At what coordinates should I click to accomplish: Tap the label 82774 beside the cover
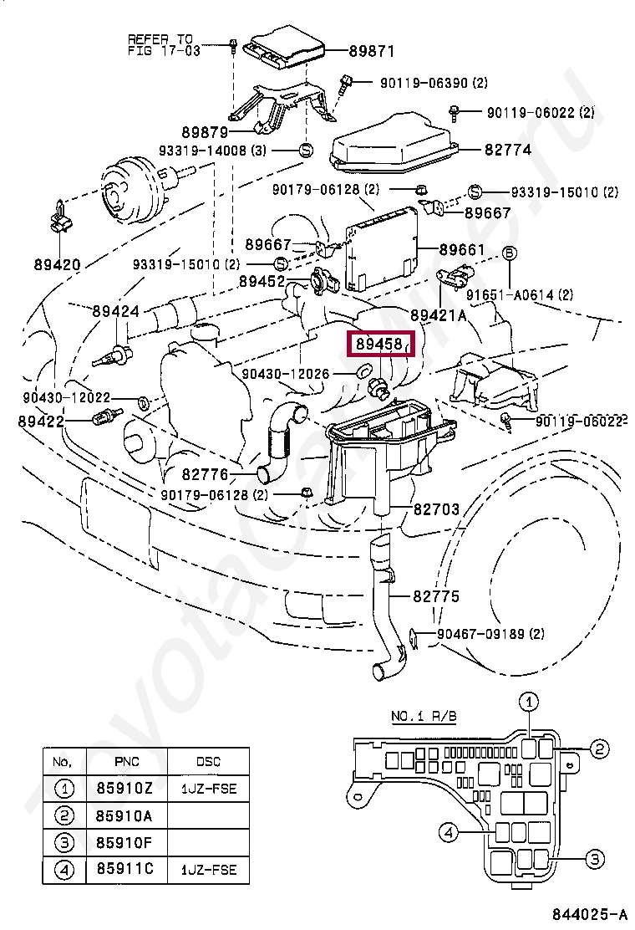[506, 150]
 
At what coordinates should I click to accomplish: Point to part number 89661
[462, 249]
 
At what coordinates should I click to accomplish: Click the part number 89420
[58, 265]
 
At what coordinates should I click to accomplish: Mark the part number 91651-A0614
[520, 294]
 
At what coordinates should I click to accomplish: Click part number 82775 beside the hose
[435, 597]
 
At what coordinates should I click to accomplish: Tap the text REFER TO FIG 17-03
[160, 44]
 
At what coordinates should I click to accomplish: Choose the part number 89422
[41, 422]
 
